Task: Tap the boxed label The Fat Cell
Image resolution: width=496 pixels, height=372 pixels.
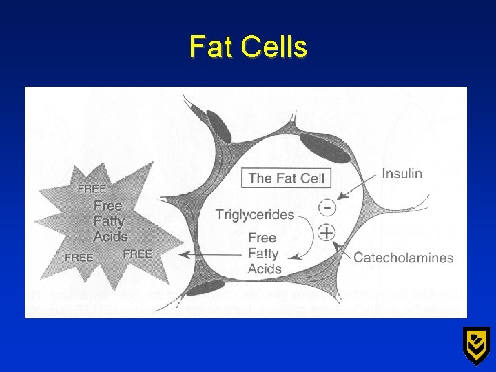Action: [286, 178]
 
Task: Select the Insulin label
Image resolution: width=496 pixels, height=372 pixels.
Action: [402, 173]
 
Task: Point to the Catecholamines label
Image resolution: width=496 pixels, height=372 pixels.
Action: [403, 258]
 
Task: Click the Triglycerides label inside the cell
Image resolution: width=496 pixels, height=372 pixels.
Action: [254, 215]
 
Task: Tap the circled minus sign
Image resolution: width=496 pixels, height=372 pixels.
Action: [329, 206]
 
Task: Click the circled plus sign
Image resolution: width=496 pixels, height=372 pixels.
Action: [326, 233]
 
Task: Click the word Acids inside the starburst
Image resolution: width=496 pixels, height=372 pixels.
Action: [111, 236]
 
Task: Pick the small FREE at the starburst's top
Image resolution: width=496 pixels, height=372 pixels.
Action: [92, 189]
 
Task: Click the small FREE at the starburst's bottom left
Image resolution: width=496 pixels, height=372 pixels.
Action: [79, 257]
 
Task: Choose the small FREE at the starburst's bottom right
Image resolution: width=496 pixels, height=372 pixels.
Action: [138, 254]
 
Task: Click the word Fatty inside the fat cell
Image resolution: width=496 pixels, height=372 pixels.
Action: [264, 254]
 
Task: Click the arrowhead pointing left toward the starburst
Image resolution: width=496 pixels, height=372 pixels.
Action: [183, 255]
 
